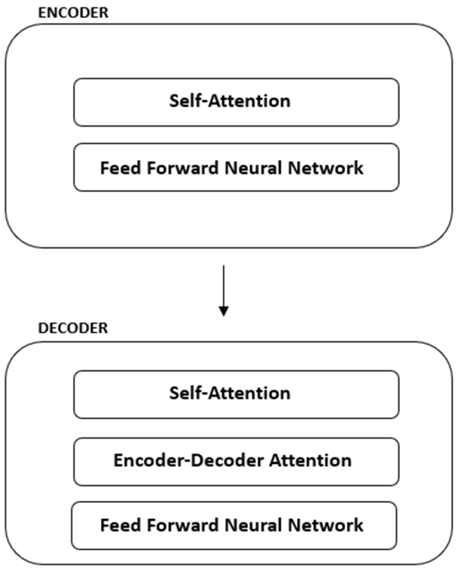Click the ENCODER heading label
point(73,13)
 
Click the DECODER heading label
point(73,328)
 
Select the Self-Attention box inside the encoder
point(236,102)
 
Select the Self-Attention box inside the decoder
point(236,394)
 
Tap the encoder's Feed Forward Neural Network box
point(236,167)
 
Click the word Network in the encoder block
point(325,168)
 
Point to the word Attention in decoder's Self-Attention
point(249,393)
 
